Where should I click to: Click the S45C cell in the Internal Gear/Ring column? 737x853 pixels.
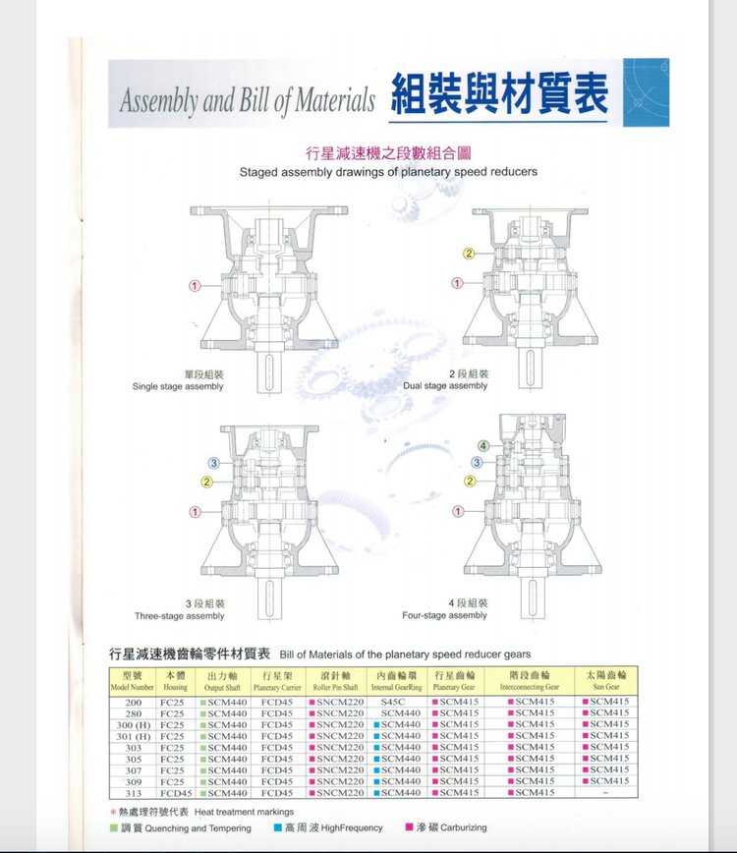pyautogui.click(x=396, y=702)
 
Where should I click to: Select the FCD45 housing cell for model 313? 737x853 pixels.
pyautogui.click(x=176, y=792)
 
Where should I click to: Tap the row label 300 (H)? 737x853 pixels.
pyautogui.click(x=134, y=724)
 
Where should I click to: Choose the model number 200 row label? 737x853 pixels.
pyautogui.click(x=134, y=702)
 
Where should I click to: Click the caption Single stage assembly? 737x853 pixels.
pyautogui.click(x=178, y=386)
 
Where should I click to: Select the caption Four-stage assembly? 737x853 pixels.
pyautogui.click(x=445, y=615)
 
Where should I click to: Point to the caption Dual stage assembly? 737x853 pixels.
pyautogui.click(x=445, y=386)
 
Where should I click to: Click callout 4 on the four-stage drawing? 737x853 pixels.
pyautogui.click(x=482, y=446)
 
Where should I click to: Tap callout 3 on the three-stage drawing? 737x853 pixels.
pyautogui.click(x=213, y=463)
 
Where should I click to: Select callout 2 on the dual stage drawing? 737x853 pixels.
pyautogui.click(x=469, y=255)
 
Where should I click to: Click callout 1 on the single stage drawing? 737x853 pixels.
pyautogui.click(x=195, y=285)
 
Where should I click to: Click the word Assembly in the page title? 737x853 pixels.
pyautogui.click(x=159, y=99)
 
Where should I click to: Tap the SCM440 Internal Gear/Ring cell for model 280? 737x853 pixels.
pyautogui.click(x=396, y=713)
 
